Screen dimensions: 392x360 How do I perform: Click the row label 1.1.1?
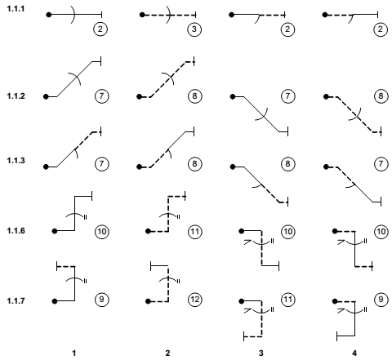coord(16,9)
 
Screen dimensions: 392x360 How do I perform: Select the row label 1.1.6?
coord(16,231)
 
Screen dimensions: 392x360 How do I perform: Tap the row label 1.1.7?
coord(16,301)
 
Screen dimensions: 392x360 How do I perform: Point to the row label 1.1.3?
coord(16,161)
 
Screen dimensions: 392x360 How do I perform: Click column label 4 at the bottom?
coord(354,353)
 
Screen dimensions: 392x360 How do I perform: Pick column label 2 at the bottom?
coord(167,353)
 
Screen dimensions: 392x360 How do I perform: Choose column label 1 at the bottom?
coord(73,353)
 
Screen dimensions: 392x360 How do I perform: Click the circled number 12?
coord(195,300)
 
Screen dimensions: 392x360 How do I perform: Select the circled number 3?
coord(194,29)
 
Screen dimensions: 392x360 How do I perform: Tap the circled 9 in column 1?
coord(101,300)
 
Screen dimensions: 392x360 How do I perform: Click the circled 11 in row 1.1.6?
coord(195,232)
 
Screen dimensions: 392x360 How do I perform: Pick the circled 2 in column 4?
coord(381,29)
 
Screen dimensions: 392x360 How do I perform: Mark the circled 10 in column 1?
coord(101,232)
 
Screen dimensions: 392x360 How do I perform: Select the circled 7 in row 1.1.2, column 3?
coord(287,96)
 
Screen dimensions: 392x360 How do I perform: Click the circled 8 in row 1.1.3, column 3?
coord(287,164)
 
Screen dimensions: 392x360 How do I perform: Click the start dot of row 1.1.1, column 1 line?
coord(49,15)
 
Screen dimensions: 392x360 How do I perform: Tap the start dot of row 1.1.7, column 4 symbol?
coord(335,301)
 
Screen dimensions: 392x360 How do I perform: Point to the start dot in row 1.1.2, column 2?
coord(140,96)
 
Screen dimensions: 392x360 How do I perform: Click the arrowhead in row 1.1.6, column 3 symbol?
coord(247,242)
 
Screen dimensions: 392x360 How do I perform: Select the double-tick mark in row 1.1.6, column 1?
coord(86,217)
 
